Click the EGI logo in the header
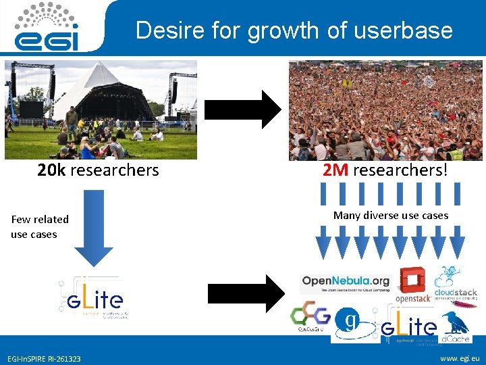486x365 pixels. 47,27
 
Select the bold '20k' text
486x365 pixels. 52,170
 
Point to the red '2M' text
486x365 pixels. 335,170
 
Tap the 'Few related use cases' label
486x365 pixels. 40,226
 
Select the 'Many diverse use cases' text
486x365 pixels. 391,215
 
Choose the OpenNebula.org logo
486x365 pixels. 346,282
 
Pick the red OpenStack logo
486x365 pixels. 412,285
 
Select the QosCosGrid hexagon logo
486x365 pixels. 310,318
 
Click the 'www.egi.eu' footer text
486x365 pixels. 459,358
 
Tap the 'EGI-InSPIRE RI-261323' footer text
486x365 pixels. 44,358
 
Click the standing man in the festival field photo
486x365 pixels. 71,122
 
